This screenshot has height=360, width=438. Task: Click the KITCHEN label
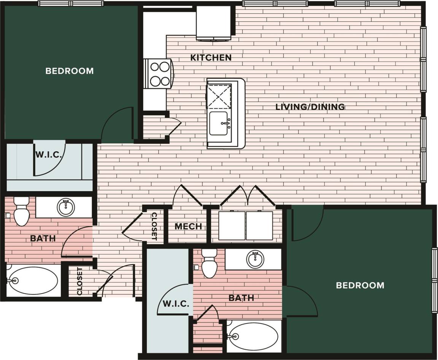(211, 58)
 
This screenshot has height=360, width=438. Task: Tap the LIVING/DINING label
(310, 107)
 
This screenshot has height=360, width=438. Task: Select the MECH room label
(188, 227)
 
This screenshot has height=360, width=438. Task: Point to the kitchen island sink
(220, 124)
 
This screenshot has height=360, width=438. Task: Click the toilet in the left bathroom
(21, 212)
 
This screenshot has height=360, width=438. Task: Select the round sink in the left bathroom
(66, 207)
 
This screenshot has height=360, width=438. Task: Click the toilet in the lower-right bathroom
(209, 264)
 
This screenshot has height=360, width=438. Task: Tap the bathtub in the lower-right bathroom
(253, 336)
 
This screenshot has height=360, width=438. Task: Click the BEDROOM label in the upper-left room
(70, 71)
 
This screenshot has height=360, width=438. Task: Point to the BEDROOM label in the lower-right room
(360, 285)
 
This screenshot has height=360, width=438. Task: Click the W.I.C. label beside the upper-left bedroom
(46, 155)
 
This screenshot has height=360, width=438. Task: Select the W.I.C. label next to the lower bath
(176, 304)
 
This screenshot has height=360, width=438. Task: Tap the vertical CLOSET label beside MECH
(154, 227)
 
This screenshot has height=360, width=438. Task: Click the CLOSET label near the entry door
(80, 281)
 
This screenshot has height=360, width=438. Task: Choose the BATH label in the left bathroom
(43, 238)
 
